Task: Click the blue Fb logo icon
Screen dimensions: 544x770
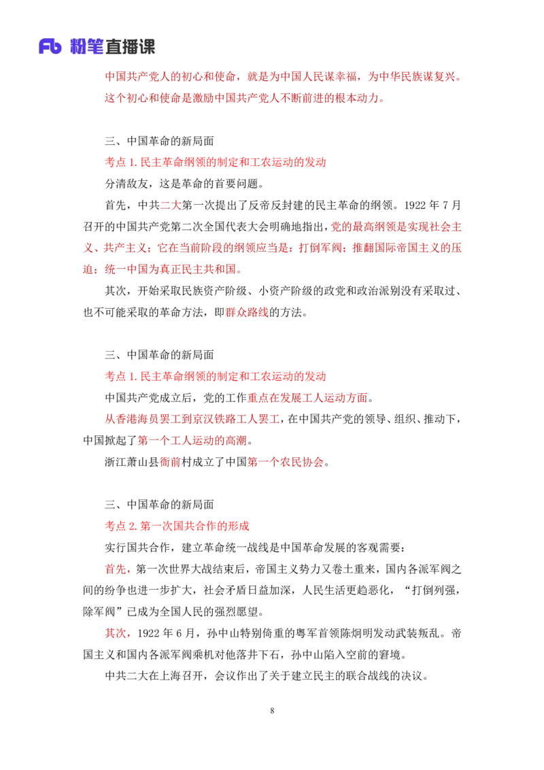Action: click(50, 46)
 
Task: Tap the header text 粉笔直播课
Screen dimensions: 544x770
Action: click(112, 47)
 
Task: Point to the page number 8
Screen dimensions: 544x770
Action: click(272, 711)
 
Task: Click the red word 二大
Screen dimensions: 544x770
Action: click(171, 205)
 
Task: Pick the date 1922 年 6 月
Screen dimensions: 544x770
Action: click(166, 633)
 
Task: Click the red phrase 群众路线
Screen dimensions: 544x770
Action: click(247, 312)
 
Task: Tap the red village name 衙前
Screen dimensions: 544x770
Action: click(171, 462)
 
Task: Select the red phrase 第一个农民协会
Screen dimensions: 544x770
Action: click(286, 462)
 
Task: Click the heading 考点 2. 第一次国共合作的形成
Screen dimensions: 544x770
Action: click(177, 526)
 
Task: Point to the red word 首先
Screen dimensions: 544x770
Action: click(116, 569)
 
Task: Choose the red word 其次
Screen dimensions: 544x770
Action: click(116, 633)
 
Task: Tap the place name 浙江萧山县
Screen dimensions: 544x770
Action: click(132, 462)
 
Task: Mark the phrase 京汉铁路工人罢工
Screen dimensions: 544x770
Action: click(236, 420)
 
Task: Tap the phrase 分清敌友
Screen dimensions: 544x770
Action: click(126, 184)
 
